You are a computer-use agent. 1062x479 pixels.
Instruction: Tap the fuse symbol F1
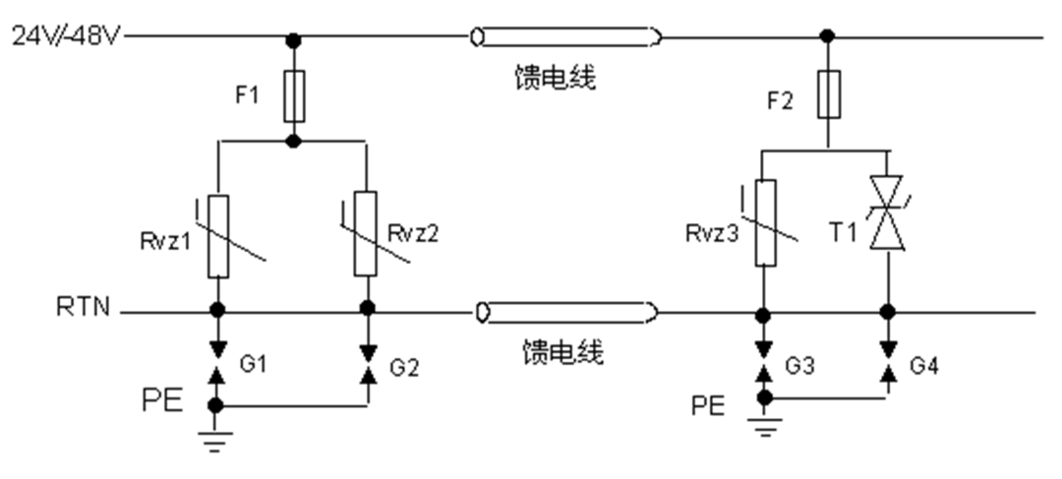point(292,94)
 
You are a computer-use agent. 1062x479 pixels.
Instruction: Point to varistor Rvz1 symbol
point(218,235)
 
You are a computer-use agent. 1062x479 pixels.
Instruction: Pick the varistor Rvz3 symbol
point(764,222)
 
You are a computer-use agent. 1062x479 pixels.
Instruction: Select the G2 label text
point(405,368)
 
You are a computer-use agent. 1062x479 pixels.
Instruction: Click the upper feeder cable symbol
point(564,38)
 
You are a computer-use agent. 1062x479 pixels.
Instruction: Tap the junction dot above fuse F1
point(292,38)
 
